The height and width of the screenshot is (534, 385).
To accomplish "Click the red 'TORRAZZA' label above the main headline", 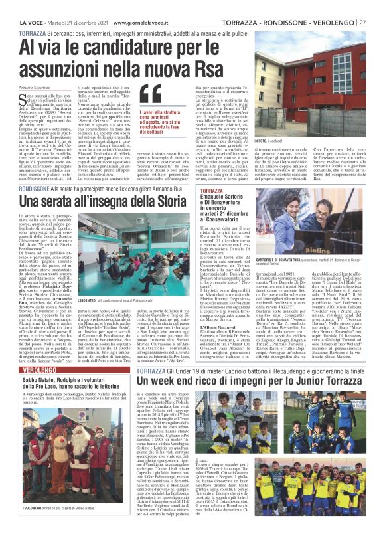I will (33, 33).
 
